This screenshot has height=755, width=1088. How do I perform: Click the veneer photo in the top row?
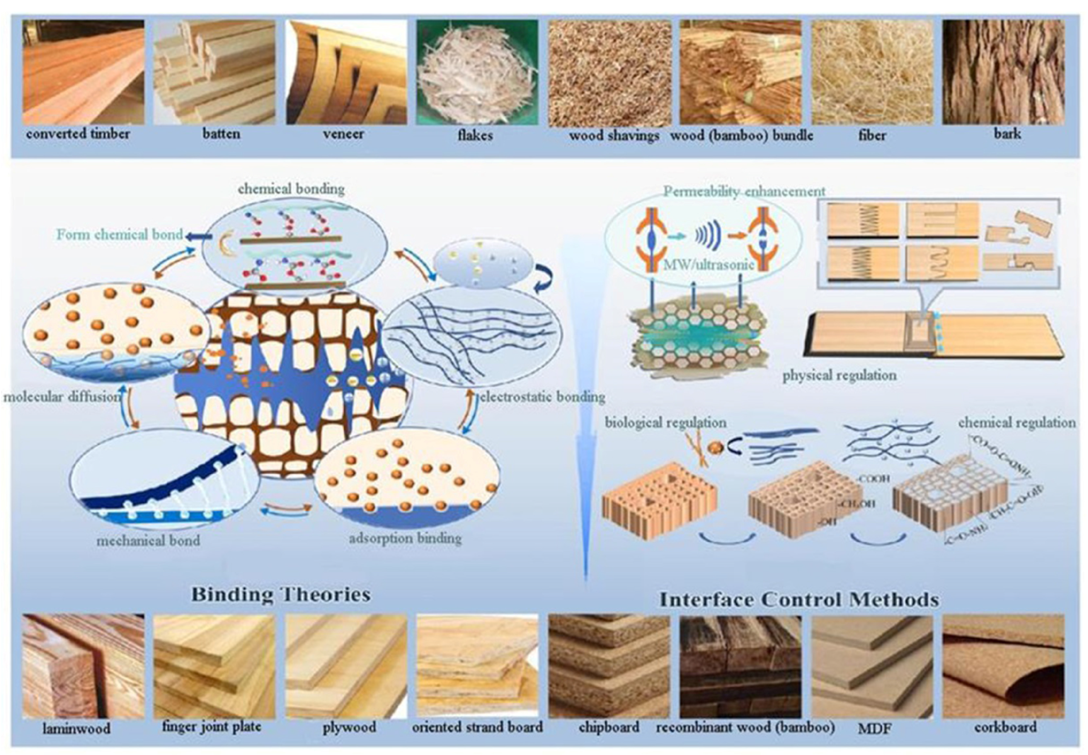click(346, 72)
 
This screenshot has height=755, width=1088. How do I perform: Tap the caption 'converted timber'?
click(78, 134)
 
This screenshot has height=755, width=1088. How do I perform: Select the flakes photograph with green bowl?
click(477, 72)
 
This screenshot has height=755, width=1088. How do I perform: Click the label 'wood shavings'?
click(614, 136)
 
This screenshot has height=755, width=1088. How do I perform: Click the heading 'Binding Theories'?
click(281, 595)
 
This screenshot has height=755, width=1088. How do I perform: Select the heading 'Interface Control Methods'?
click(799, 600)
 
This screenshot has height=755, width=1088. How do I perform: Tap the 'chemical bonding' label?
click(291, 189)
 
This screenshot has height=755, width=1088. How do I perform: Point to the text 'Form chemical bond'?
click(120, 235)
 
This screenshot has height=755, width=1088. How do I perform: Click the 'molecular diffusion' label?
click(62, 396)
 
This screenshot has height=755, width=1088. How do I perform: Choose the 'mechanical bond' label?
click(148, 540)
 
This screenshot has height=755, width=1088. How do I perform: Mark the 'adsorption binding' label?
click(405, 538)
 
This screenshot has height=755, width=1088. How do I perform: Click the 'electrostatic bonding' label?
click(542, 396)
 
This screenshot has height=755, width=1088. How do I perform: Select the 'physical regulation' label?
click(839, 376)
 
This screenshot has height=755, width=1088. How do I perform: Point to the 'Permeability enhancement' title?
click(744, 192)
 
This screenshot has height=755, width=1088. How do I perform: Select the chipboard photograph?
click(609, 666)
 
